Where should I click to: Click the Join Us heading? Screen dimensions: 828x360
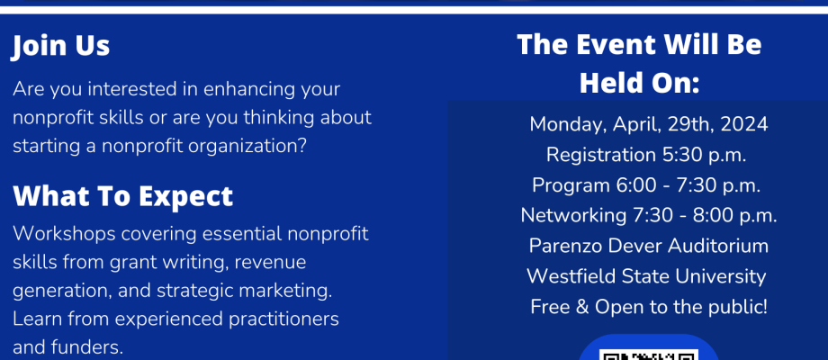[x=60, y=46]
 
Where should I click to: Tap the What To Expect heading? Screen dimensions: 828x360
[x=123, y=196]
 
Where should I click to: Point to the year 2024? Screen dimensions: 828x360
[x=744, y=124]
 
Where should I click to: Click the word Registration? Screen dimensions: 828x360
[x=601, y=156]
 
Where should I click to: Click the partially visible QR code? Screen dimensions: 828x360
[x=649, y=355]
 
